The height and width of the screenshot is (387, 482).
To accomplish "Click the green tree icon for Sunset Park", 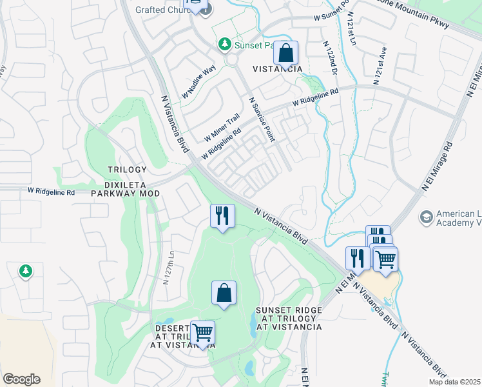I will coord(224,45).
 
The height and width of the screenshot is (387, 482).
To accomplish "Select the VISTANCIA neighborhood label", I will coord(277,69).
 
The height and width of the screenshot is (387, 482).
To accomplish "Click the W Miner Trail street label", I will coord(222,128).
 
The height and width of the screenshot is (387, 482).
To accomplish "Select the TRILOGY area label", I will coord(127,170).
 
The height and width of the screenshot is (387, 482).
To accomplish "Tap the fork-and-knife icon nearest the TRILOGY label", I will coord(222,216).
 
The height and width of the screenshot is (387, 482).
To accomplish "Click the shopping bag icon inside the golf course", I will coord(223,293).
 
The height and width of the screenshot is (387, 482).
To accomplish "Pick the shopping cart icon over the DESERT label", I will coord(202,333).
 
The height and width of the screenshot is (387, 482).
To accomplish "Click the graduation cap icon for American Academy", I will coord(425,217).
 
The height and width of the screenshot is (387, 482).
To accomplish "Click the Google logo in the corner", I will coord(21,379).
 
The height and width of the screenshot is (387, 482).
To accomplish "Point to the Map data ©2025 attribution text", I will coord(454,382).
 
